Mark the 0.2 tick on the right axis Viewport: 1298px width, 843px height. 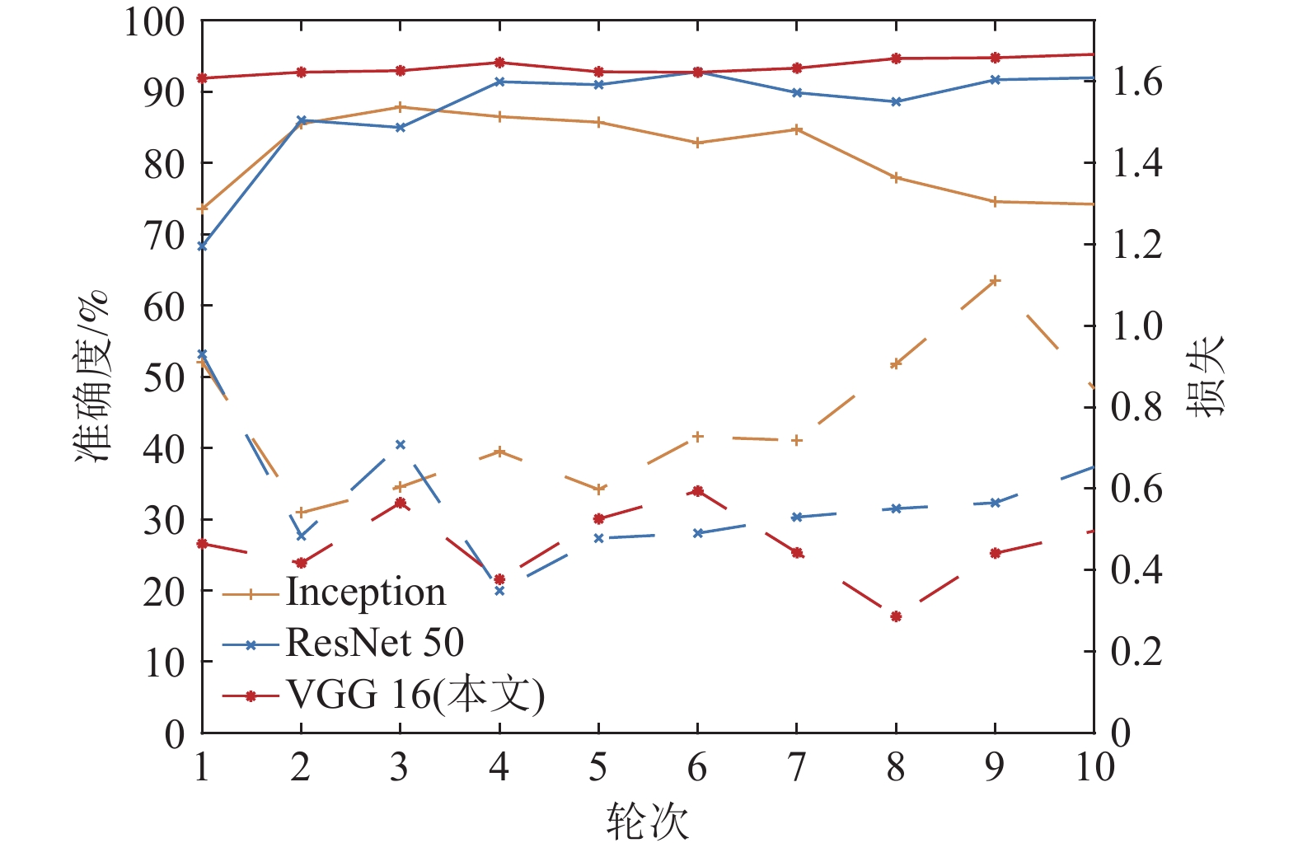[x=1137, y=651]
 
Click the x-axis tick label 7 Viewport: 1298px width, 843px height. [x=797, y=767]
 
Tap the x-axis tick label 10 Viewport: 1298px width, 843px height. [x=1094, y=767]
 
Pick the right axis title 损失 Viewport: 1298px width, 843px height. [x=1205, y=377]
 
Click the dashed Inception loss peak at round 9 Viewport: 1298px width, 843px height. [x=995, y=281]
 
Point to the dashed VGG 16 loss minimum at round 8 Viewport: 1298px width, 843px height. [x=896, y=616]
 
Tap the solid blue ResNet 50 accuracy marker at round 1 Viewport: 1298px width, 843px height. [x=202, y=246]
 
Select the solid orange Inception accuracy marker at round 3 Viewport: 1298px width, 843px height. [x=401, y=107]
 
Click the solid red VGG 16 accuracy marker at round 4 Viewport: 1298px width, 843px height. [x=499, y=63]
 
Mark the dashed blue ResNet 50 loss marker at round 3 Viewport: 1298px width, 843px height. [x=401, y=445]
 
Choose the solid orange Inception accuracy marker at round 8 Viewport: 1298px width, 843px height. [x=896, y=177]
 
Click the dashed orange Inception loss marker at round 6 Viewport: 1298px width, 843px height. [x=698, y=437]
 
